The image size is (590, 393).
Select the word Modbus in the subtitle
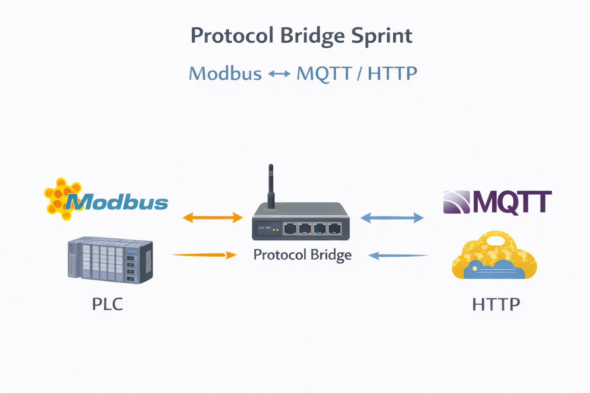tap(225, 73)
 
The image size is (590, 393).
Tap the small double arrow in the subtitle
tap(279, 73)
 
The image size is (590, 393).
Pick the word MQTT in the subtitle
tap(325, 73)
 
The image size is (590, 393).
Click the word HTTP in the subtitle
tap(392, 73)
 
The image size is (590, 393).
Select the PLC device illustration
tap(110, 260)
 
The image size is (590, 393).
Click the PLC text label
tap(107, 304)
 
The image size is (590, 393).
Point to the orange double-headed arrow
tap(212, 218)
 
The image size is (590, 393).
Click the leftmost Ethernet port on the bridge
tap(290, 229)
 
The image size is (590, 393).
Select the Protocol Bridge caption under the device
tap(302, 255)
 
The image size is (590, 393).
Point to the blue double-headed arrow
tap(392, 218)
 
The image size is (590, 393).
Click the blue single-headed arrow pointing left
tap(398, 255)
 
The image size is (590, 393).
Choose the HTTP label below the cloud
tap(496, 305)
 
